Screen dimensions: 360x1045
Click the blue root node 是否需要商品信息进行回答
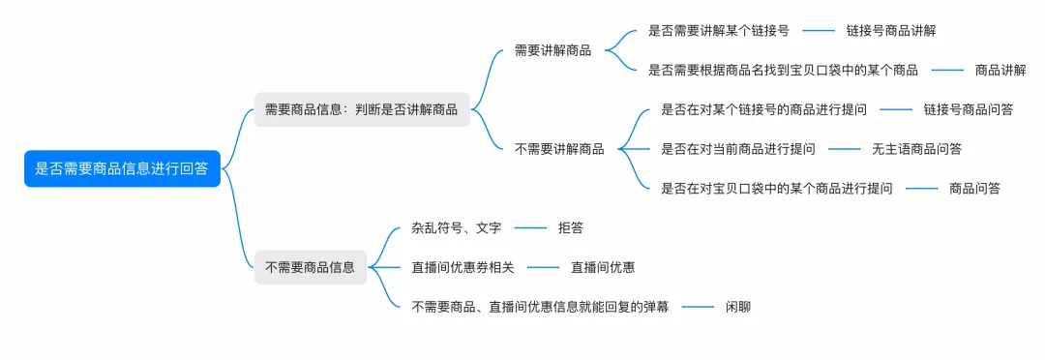[122, 168]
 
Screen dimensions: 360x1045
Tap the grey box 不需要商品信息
[310, 267]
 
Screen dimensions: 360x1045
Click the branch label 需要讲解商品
[552, 50]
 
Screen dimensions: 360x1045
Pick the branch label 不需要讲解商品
[559, 149]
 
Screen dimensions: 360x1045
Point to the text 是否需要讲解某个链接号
[718, 31]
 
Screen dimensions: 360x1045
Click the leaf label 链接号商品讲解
[890, 31]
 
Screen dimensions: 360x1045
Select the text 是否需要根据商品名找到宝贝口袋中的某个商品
[783, 70]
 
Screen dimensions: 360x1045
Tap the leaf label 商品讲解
[1000, 70]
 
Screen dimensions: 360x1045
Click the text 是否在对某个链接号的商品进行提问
[763, 109]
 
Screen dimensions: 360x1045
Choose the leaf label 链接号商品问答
[968, 109]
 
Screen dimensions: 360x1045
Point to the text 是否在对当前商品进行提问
[737, 149]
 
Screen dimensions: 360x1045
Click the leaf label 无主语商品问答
[916, 149]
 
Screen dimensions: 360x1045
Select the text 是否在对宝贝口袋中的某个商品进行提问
[776, 188]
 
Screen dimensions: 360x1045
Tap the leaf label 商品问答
[974, 188]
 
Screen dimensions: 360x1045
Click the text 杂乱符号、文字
[456, 227]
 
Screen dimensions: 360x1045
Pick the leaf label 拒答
[570, 227]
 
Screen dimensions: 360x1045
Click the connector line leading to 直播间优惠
[544, 267]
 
